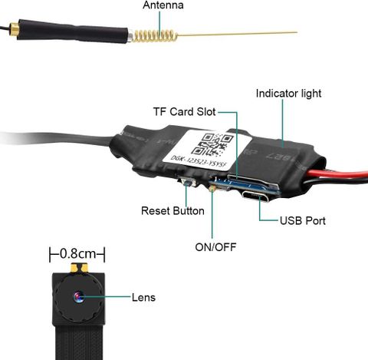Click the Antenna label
tap(163, 5)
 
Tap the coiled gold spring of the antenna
tap(156, 36)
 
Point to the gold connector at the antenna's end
tap(14, 29)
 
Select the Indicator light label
tap(288, 94)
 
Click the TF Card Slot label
tap(185, 112)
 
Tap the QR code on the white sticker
tap(212, 144)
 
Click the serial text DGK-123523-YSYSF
tap(199, 162)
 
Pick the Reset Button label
tap(172, 211)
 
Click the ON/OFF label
tap(215, 247)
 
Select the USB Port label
tap(303, 221)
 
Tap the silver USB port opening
tap(255, 197)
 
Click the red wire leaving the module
tap(337, 174)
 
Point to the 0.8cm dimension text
tap(77, 254)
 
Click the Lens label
tap(143, 298)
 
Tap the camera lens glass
tap(79, 297)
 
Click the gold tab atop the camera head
tap(79, 268)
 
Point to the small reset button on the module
tap(189, 183)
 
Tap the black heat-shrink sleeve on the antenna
tap(73, 31)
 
